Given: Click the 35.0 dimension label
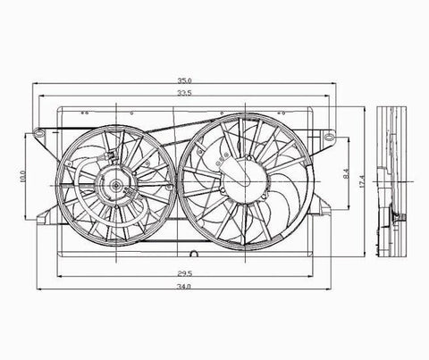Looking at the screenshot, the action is [x=185, y=80].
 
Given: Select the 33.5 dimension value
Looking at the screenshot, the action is [x=185, y=93].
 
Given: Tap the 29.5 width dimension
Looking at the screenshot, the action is [x=185, y=273].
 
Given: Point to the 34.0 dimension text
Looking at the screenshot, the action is [x=184, y=287].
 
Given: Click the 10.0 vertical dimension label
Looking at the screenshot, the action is [x=23, y=176].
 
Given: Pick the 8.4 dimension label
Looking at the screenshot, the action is [x=346, y=174].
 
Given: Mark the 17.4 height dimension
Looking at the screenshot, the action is [x=362, y=181].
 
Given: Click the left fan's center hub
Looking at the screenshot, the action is [x=115, y=186].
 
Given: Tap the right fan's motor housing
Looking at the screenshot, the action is [x=244, y=181].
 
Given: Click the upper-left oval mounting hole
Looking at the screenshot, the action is [x=38, y=131].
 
